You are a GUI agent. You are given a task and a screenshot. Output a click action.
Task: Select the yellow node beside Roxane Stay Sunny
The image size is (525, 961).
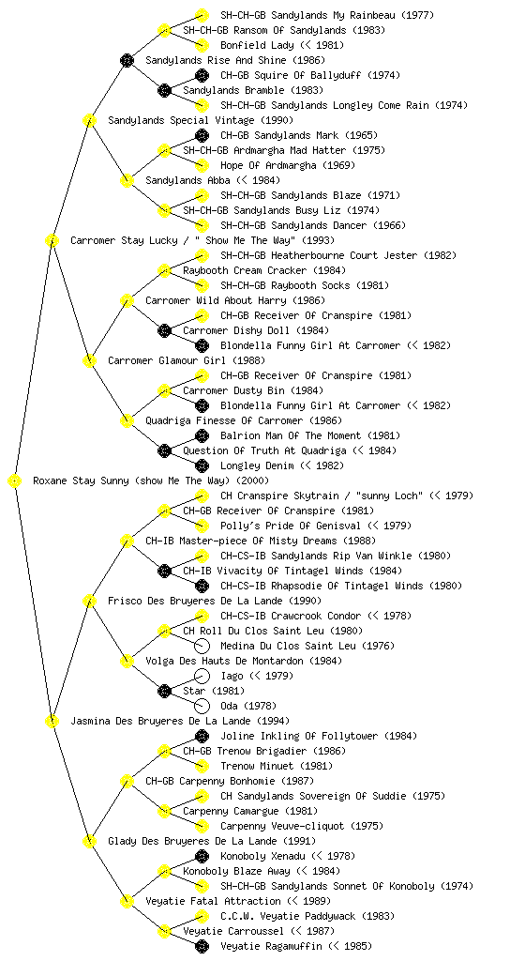point(15,481)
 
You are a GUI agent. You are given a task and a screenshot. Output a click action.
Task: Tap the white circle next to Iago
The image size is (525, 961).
point(202,676)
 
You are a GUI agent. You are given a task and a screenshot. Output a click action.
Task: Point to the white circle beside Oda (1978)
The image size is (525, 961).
point(202,706)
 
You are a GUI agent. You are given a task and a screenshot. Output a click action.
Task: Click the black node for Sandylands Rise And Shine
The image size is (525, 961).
point(127,60)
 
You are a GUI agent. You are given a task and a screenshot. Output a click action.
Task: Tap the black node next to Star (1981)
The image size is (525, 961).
point(164,692)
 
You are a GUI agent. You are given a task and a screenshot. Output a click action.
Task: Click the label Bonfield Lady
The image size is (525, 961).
point(257,45)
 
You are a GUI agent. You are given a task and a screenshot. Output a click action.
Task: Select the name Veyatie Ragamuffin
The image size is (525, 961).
point(270,946)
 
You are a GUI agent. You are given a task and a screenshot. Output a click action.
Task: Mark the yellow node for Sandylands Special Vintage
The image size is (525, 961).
point(89,120)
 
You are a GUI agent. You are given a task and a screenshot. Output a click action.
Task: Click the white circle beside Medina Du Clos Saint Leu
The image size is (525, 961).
point(202,646)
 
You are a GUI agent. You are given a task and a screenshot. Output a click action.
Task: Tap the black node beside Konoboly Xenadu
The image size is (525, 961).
point(202,856)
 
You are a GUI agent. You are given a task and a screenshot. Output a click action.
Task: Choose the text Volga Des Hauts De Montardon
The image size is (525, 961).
point(224,661)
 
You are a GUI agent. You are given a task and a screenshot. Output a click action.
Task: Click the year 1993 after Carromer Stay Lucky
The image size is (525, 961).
point(318,240)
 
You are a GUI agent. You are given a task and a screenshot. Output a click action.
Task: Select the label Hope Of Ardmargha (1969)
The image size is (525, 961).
point(288,165)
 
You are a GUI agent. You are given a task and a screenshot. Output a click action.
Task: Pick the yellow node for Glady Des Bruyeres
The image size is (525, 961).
point(89,841)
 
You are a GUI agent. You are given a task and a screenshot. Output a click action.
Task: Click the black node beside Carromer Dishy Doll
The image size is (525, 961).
point(164,331)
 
